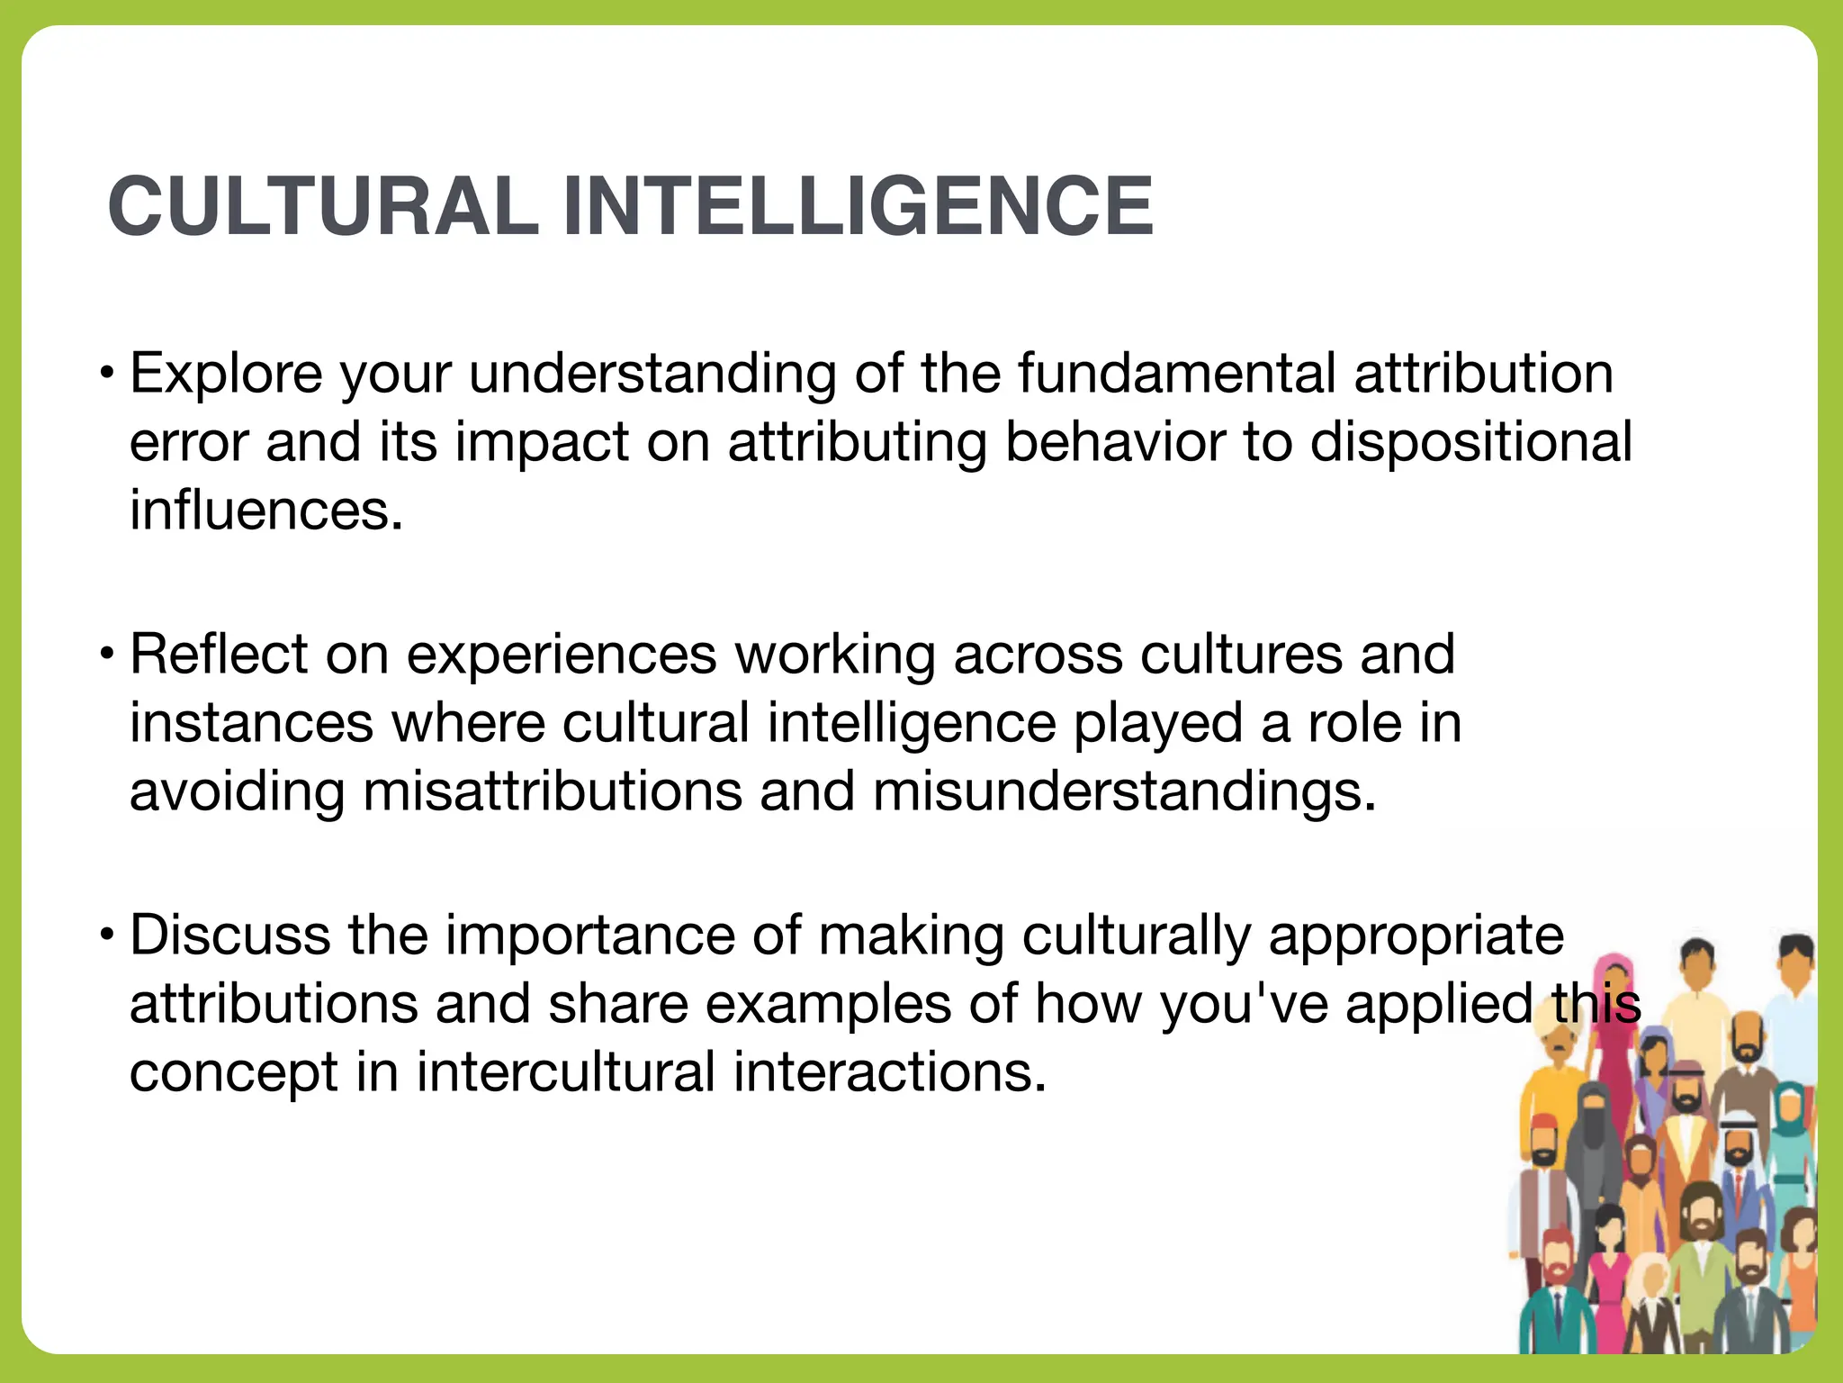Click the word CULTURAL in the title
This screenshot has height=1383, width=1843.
pos(322,207)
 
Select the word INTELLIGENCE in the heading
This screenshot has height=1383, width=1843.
pos(858,207)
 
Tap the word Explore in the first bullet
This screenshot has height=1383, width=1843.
pos(226,374)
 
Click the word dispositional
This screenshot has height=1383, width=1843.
pos(1470,442)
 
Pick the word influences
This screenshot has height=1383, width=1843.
pos(266,511)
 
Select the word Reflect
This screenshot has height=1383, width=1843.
pos(219,655)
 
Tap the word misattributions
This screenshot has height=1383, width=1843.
pos(553,792)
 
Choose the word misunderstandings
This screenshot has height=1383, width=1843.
pos(1124,792)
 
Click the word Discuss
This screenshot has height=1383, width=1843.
pos(230,936)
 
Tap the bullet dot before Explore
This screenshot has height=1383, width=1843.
pos(107,372)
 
